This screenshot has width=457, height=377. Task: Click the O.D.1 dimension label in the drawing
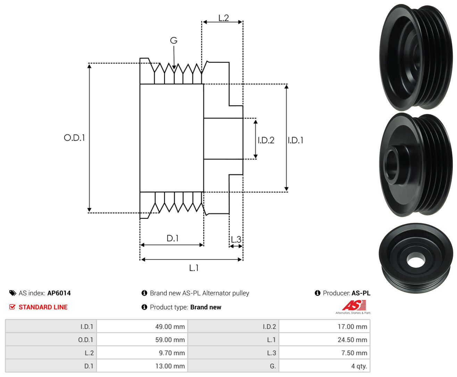(x=74, y=138)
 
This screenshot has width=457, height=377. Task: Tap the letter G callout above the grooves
(x=174, y=40)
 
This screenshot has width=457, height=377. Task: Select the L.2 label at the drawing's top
(x=224, y=18)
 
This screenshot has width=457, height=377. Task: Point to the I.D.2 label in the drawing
(x=266, y=140)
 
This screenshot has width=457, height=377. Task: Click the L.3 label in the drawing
(x=236, y=240)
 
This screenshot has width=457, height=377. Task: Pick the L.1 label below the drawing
(x=194, y=268)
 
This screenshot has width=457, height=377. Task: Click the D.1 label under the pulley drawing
(x=173, y=238)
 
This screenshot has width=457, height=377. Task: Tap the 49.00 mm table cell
(x=170, y=327)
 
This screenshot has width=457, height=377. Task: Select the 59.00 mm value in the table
(x=170, y=340)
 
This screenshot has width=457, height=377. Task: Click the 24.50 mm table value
(x=352, y=340)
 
